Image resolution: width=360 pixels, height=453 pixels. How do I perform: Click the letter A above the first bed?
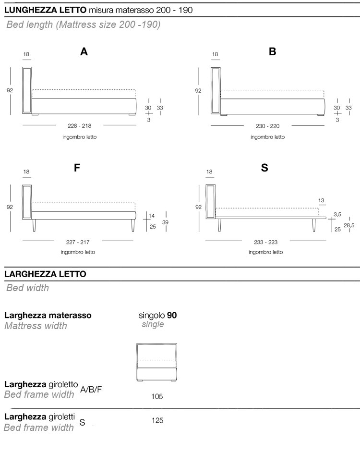[84, 52]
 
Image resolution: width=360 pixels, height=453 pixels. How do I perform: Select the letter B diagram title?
[273, 52]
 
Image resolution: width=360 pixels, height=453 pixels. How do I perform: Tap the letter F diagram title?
[77, 168]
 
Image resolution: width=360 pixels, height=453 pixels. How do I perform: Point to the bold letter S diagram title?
[264, 168]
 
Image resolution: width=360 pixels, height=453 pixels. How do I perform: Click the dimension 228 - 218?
[80, 126]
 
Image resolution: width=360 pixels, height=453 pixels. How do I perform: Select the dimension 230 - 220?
[268, 126]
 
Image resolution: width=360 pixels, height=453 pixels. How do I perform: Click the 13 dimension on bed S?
[321, 200]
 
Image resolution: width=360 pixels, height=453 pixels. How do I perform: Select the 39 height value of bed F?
[165, 222]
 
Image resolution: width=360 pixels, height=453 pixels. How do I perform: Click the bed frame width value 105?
[157, 397]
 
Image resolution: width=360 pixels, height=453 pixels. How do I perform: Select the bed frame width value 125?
[157, 421]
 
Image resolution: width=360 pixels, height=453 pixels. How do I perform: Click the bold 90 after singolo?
[172, 316]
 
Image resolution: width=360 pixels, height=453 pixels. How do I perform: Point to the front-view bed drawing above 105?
[157, 361]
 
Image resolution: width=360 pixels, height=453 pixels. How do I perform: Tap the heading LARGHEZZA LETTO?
[45, 274]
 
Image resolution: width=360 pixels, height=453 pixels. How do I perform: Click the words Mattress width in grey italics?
[36, 326]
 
